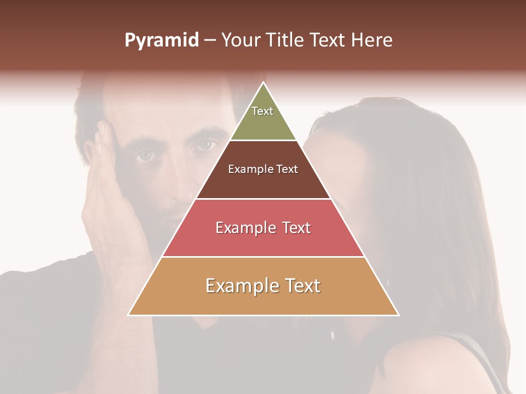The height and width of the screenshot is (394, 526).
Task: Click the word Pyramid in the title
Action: coord(162,40)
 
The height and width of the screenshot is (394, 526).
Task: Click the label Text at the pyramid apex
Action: coord(262,111)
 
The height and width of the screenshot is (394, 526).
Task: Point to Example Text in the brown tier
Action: coord(263,169)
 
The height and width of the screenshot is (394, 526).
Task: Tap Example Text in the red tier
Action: coord(263,228)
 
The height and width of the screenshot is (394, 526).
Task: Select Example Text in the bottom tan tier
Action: coord(263,286)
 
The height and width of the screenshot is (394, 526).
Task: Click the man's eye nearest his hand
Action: coord(145,157)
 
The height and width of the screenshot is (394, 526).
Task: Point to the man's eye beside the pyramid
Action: coord(205,146)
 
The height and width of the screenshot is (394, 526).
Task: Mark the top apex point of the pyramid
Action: coord(264,83)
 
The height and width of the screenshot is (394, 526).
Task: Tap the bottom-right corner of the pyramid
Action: coord(398,315)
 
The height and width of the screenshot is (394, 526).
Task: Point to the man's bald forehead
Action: coord(164,107)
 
